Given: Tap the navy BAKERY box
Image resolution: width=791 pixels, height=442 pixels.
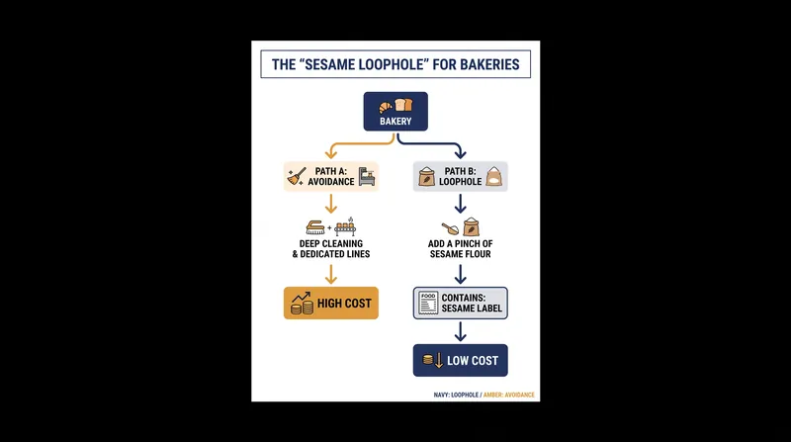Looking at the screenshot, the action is pos(395,112).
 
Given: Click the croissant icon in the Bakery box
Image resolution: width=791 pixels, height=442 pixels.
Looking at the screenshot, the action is pos(386,107).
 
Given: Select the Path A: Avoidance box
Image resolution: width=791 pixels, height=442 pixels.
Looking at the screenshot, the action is pos(331,177).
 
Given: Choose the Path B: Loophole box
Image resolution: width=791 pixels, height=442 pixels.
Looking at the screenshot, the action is pos(460,177).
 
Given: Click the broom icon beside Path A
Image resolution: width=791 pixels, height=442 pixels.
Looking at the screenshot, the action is pos(296,177).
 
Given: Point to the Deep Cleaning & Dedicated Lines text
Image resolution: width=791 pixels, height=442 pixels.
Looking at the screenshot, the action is pos(331,249).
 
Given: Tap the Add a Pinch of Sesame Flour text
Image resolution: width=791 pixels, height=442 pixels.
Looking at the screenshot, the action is pos(460,249).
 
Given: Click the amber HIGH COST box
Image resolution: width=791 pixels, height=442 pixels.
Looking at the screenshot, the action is pos(331,303).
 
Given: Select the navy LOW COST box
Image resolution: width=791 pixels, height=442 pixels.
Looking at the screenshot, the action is pos(460,360).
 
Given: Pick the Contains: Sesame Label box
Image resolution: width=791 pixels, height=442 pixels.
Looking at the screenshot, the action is pos(460,303).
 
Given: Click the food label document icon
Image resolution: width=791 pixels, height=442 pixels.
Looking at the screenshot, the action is pos(428,303).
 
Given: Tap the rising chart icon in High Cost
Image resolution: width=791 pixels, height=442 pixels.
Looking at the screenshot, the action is pos(302,303).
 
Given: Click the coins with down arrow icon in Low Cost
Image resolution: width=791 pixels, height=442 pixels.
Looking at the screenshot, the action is pos(433,360).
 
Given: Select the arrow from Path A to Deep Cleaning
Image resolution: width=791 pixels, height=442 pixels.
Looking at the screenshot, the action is pos(331,204).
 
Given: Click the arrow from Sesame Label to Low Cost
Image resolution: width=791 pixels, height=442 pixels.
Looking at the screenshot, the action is pos(460,331).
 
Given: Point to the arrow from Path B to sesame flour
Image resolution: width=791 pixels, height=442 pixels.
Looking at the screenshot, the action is pos(460,204).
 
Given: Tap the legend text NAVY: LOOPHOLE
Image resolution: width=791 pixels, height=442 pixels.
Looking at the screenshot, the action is pos(456,396).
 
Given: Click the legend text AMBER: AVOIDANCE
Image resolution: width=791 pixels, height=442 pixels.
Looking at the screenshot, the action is pos(509,396).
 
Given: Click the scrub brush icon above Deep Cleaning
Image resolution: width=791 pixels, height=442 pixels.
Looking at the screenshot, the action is pos(315,227).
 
